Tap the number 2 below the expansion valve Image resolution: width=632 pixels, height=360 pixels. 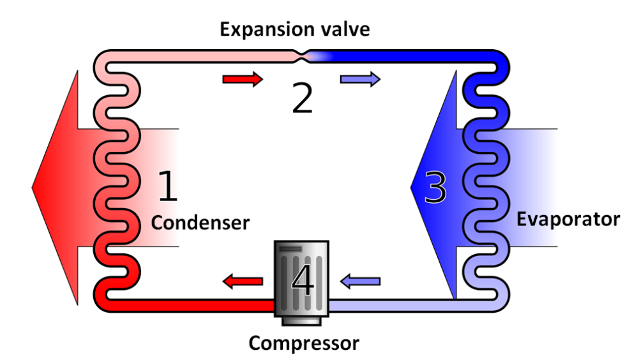[302, 99]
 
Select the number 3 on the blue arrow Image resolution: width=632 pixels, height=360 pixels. [435, 188]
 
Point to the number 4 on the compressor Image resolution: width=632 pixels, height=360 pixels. [302, 281]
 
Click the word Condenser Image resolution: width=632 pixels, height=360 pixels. [199, 223]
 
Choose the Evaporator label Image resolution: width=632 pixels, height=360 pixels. [568, 220]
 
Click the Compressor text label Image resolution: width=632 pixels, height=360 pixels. [303, 343]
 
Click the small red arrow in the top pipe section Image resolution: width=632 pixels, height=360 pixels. [243, 79]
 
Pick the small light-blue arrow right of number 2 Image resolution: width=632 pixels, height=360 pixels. [360, 79]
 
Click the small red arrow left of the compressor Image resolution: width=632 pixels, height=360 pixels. [243, 280]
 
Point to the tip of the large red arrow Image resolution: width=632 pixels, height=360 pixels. [34, 188]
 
